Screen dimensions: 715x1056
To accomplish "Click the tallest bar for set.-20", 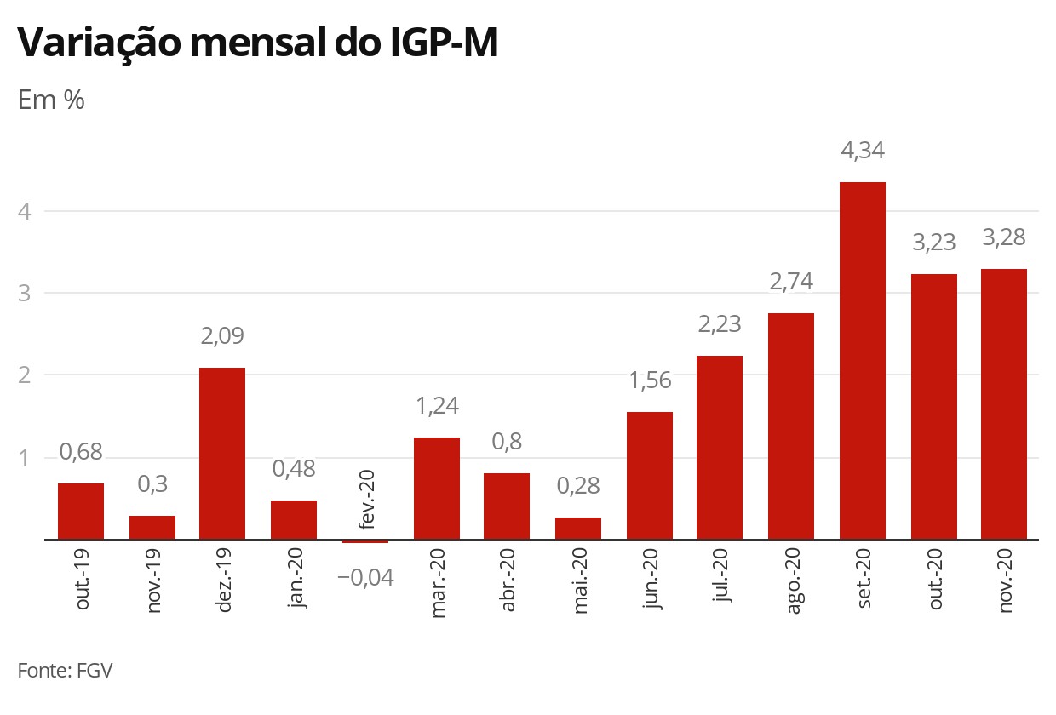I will pyautogui.click(x=862, y=361).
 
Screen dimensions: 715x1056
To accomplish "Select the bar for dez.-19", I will pyautogui.click(x=222, y=454).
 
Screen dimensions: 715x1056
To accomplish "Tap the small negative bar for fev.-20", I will pyautogui.click(x=365, y=541).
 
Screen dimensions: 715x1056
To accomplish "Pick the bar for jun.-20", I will pyautogui.click(x=650, y=476).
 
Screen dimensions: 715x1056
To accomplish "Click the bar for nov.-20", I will pyautogui.click(x=1004, y=404).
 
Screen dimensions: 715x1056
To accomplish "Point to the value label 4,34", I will pyautogui.click(x=863, y=152).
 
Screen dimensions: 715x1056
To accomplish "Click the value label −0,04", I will pyautogui.click(x=365, y=578).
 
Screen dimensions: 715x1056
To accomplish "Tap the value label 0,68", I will pyautogui.click(x=81, y=453).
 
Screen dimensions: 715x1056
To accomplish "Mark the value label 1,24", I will pyautogui.click(x=437, y=406).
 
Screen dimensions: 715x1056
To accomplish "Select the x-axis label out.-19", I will pyautogui.click(x=83, y=581).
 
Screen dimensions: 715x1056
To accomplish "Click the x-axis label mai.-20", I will pyautogui.click(x=579, y=584).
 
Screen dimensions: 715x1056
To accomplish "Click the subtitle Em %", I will pyautogui.click(x=51, y=100).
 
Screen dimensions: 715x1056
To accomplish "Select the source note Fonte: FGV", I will pyautogui.click(x=65, y=670).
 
